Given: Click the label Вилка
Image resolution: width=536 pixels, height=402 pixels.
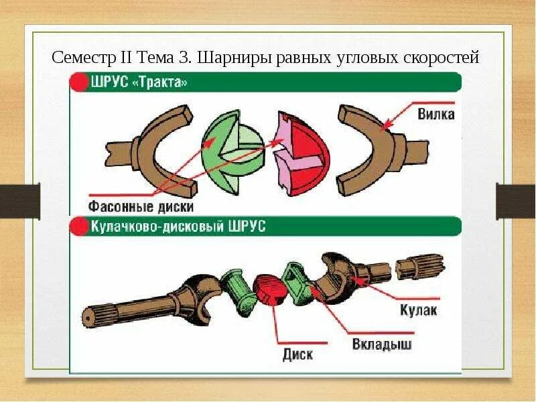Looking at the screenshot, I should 435,114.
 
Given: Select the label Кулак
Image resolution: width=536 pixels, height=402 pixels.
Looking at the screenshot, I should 419,310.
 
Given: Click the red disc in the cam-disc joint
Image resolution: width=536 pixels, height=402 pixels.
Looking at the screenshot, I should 271,289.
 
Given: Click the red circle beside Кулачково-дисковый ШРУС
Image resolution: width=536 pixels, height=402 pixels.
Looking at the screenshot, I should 80,226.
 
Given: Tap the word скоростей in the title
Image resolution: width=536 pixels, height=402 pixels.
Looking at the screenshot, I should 442,58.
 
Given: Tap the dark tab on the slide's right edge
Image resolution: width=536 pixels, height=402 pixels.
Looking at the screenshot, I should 515,200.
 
